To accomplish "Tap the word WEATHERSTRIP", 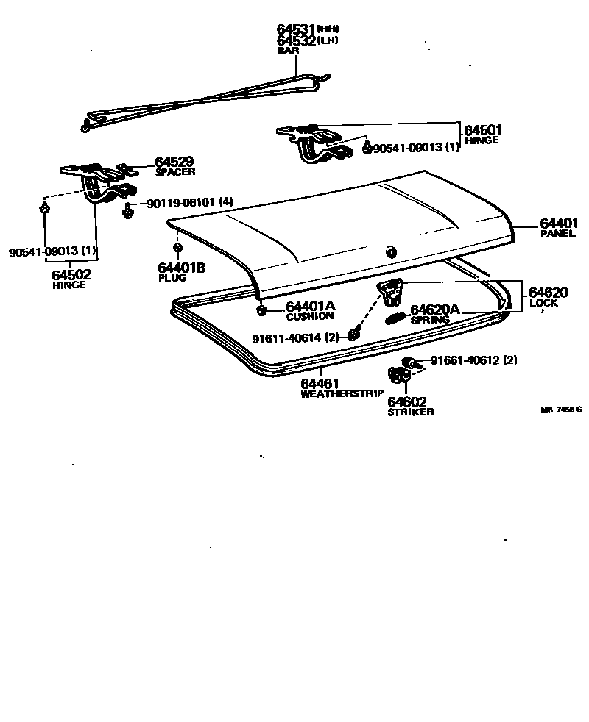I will pos(342,394).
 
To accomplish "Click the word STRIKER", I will pos(410,412).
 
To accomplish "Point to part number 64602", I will pos(407,402).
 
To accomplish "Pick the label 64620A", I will pos(435,310).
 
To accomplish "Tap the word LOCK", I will pos(543,303).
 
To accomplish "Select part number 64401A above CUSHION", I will pos(311,306).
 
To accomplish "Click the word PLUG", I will pos(172,279).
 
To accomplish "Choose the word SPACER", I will pos(175,172).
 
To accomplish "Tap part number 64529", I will pos(174,162).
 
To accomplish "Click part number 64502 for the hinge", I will pos(71,274).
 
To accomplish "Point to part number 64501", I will pos(483,131).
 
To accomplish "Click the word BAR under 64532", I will pos(287,51).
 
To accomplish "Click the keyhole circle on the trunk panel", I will pos(389,251).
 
